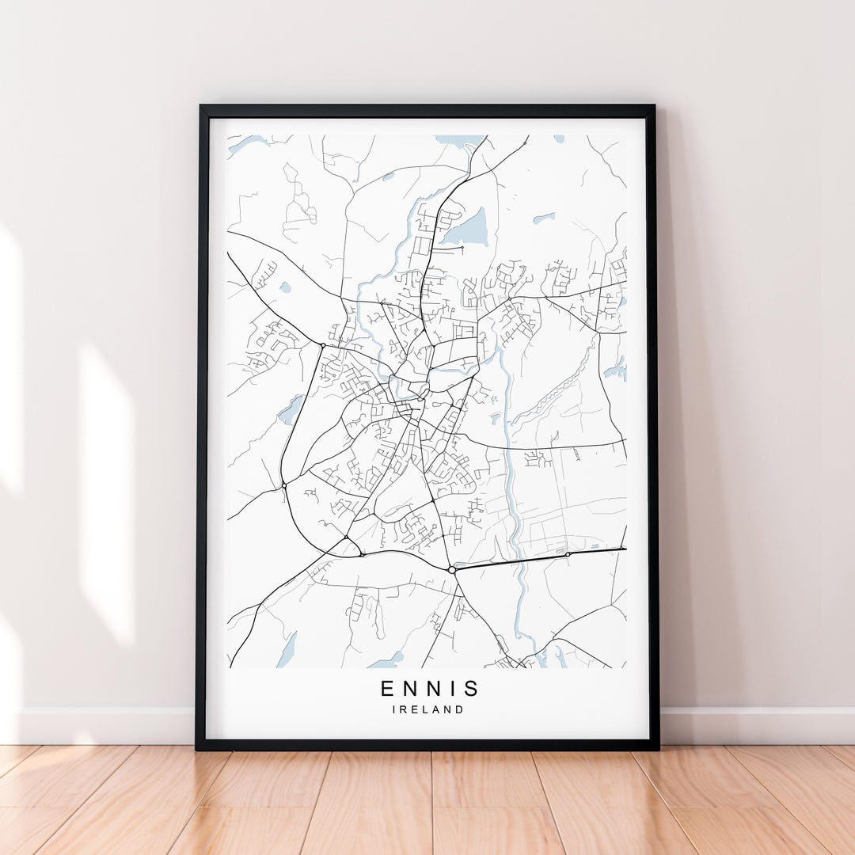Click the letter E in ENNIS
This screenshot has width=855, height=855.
pyautogui.click(x=387, y=689)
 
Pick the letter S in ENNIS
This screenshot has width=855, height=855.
pyautogui.click(x=471, y=689)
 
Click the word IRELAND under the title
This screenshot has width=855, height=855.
pyautogui.click(x=428, y=710)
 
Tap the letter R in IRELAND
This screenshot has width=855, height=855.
pyautogui.click(x=404, y=710)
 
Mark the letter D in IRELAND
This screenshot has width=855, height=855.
pyautogui.click(x=459, y=710)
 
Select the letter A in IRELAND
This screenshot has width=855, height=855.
pyautogui.click(x=437, y=710)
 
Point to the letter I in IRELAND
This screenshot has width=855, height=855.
pyautogui.click(x=394, y=710)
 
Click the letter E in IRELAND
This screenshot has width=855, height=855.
pyautogui.click(x=416, y=710)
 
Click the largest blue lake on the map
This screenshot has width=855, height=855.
pyautogui.click(x=465, y=229)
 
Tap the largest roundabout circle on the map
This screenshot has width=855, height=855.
pyautogui.click(x=451, y=569)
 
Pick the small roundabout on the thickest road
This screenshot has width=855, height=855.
pyautogui.click(x=568, y=554)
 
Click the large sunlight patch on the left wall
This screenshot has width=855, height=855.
pyautogui.click(x=106, y=491)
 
